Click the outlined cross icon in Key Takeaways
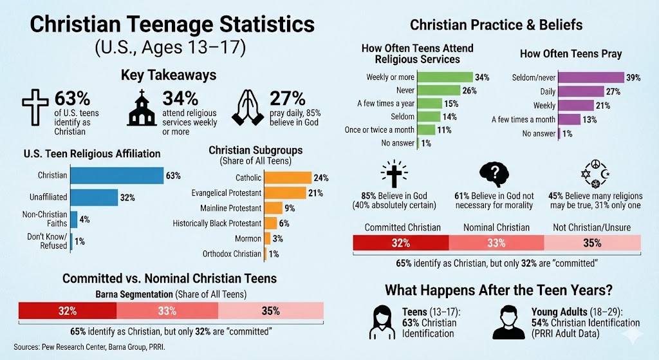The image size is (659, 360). (36, 107)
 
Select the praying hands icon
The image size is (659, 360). (252, 107)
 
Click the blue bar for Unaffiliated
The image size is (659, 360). (93, 198)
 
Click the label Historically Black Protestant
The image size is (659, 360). (217, 223)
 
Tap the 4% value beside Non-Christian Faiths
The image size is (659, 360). (84, 220)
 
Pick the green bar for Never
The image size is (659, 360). (439, 90)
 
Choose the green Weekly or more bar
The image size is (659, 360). (445, 77)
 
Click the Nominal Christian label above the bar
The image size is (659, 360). (496, 227)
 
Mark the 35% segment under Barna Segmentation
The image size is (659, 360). (270, 310)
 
